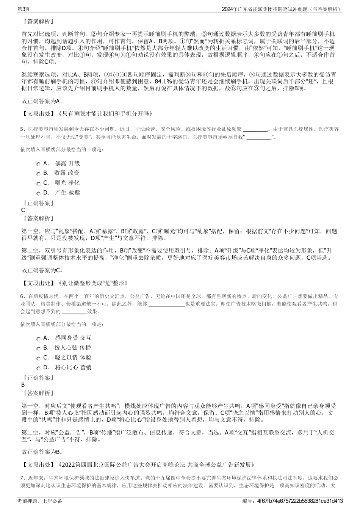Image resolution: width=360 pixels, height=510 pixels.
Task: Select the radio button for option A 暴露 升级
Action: tap(39, 164)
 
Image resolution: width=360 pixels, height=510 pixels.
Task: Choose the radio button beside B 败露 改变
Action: tap(39, 173)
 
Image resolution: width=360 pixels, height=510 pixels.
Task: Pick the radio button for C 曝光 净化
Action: tap(39, 183)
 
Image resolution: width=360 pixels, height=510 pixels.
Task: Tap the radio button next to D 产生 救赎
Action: tap(39, 193)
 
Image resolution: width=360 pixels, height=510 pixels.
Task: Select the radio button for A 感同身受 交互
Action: tap(39, 338)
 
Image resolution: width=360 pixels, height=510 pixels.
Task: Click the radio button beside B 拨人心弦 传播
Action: tap(39, 348)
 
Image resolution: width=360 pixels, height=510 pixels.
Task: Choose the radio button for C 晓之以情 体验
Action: tap(39, 358)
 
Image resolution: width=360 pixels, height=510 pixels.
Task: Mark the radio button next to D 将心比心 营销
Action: tap(39, 368)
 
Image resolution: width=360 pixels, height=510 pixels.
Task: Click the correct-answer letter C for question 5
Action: tap(23, 210)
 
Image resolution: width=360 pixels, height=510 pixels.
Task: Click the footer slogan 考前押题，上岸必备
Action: tap(40, 501)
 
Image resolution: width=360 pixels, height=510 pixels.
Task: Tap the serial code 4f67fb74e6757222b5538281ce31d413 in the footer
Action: tap(300, 501)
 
